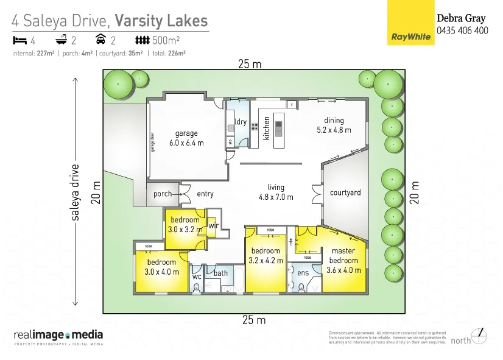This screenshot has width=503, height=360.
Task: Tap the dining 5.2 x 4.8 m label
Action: click(334, 125)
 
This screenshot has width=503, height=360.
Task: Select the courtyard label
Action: click(345, 192)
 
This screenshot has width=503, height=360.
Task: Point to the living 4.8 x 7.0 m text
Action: click(276, 192)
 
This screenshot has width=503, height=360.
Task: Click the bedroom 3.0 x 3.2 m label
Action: click(185, 225)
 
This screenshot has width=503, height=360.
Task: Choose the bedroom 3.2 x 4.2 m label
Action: click(266, 255)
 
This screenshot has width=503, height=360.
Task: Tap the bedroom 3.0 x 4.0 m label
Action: click(162, 267)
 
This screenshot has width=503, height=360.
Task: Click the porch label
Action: click(162, 194)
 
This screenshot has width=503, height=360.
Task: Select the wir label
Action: click(213, 225)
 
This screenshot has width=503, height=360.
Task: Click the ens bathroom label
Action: click(303, 274)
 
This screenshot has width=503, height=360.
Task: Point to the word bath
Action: click(220, 274)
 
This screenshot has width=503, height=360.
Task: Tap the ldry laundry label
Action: click(241, 122)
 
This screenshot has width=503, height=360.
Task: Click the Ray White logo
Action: click(410, 23)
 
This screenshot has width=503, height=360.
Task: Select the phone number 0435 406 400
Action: click(462, 30)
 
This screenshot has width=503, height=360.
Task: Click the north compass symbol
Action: click(480, 336)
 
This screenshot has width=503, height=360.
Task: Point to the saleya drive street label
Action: click(76, 192)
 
